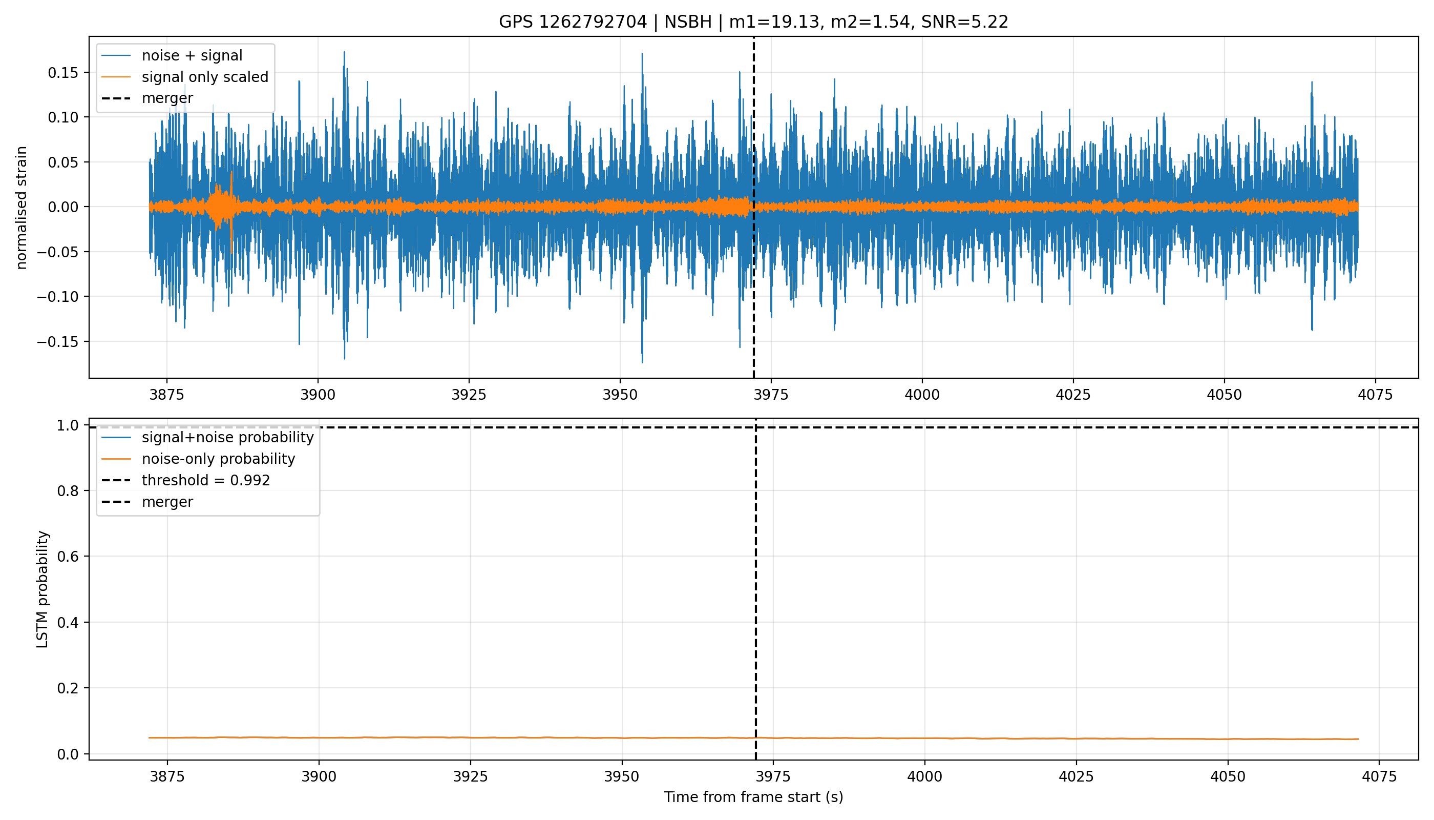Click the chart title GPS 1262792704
pos(573,22)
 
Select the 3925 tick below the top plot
pos(469,395)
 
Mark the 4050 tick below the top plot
pos(1224,395)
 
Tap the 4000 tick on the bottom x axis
pos(924,776)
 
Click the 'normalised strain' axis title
pos(22,208)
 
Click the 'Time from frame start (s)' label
pos(753,797)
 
